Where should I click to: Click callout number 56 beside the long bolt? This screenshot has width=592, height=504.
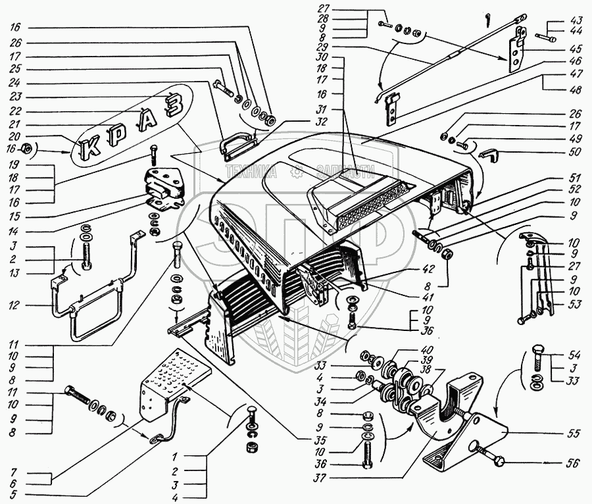(x=572, y=463)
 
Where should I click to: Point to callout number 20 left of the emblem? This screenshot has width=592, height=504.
(x=14, y=138)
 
